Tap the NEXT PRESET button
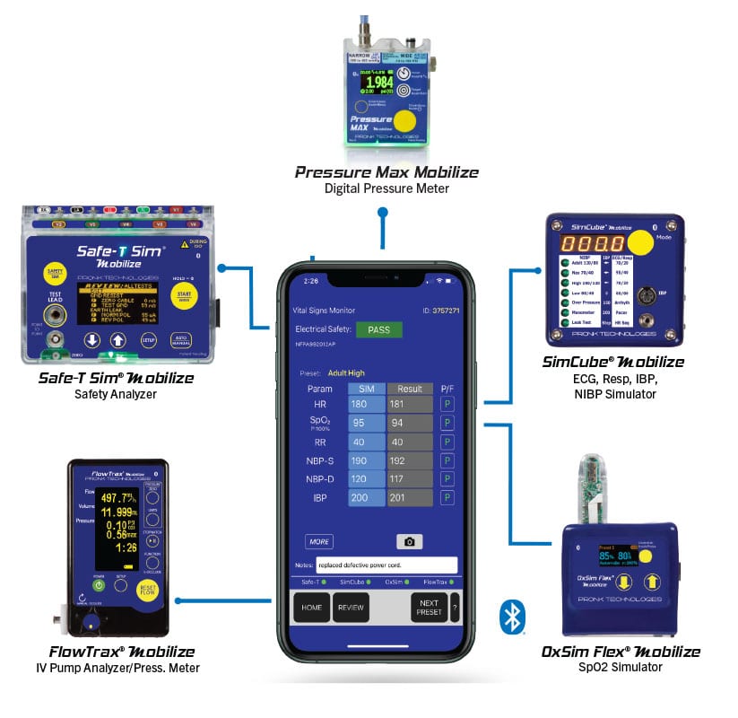[429, 607]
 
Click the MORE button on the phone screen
[318, 542]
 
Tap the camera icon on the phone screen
[409, 542]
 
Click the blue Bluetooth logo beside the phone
[512, 617]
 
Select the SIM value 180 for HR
[366, 406]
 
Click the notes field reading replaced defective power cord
[386, 565]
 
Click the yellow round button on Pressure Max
[410, 122]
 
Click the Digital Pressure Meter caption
[386, 189]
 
